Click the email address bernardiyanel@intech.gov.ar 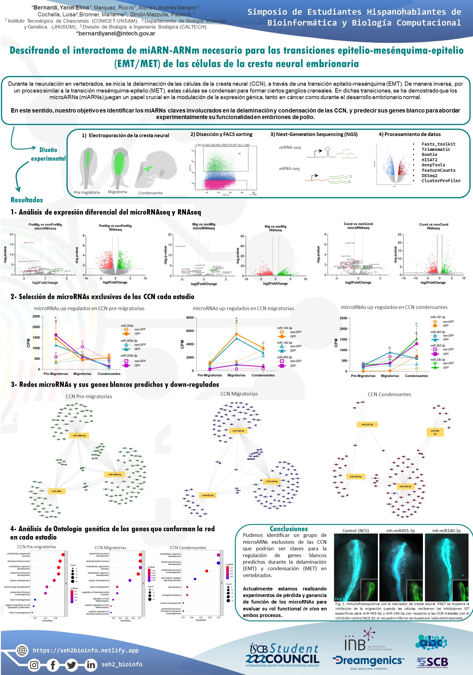(116, 33)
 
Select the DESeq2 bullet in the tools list (429, 176)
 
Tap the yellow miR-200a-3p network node (79, 436)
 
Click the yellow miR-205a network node (57, 491)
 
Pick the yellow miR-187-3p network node (367, 425)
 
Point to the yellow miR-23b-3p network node (405, 487)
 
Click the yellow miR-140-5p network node (272, 481)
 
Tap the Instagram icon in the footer (35, 665)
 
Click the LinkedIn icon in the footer (91, 665)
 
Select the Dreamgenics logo (368, 661)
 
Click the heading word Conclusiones (289, 529)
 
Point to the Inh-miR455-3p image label (401, 531)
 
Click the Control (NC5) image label (355, 531)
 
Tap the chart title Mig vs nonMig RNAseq (275, 228)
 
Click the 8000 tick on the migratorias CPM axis (190, 318)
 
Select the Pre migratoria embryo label (87, 193)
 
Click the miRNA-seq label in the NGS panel (290, 147)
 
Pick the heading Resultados (27, 200)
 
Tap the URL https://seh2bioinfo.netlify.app (86, 650)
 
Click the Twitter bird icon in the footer (72, 665)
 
